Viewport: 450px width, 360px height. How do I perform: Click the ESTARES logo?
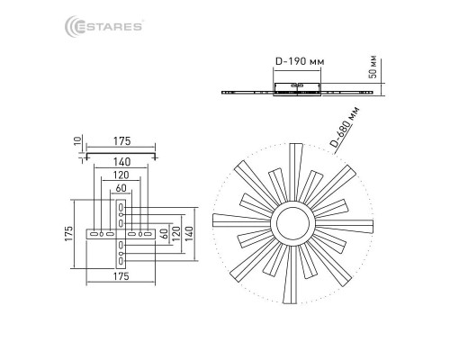103,26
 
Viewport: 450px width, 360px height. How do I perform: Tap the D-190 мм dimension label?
300,61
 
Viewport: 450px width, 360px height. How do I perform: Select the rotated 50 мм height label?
373,67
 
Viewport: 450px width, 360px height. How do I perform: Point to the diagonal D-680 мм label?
345,127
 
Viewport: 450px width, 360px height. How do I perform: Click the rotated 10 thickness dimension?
77,140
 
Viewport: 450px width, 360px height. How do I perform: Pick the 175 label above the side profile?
122,141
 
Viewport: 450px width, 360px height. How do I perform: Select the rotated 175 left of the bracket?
68,233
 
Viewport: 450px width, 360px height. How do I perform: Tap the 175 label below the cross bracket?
121,276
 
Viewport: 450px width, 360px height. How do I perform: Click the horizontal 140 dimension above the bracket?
122,162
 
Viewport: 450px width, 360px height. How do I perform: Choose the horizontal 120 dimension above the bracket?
121,175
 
